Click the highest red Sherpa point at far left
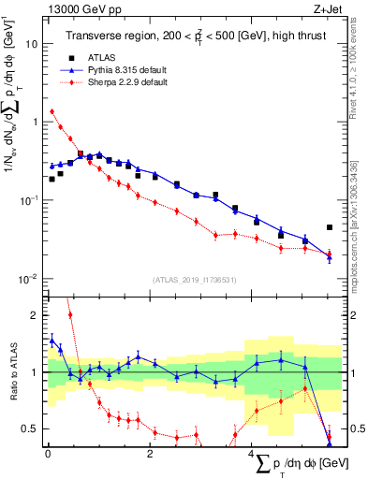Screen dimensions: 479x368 52,112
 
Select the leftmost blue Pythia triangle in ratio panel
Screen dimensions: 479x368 52,340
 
